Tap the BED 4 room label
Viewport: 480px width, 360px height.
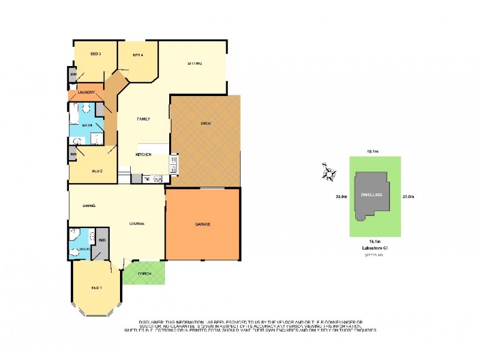click(138, 55)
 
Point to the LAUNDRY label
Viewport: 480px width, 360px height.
click(87, 92)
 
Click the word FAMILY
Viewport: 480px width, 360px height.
click(143, 119)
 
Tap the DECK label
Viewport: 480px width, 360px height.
click(205, 123)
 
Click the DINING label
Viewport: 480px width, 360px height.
click(90, 206)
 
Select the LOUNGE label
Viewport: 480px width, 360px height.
click(136, 224)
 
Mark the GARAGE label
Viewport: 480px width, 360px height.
click(202, 224)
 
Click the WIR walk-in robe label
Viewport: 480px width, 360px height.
click(102, 240)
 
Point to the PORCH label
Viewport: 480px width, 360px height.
click(145, 274)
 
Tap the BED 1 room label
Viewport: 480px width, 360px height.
click(97, 287)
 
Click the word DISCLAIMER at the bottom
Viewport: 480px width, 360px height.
click(153, 322)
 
